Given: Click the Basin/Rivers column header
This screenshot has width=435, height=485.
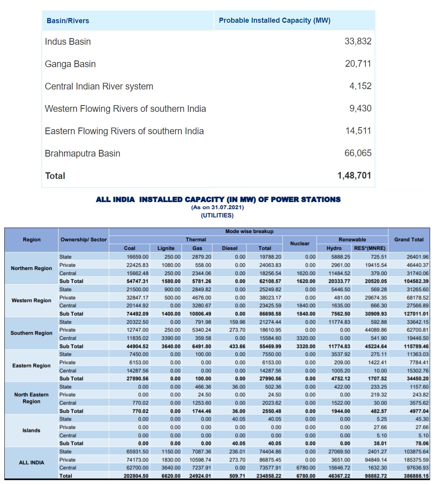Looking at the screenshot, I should click(x=68, y=21).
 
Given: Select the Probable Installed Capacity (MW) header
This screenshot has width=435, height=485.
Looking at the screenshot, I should click(x=274, y=20).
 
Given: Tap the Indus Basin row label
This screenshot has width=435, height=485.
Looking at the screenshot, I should click(x=68, y=42).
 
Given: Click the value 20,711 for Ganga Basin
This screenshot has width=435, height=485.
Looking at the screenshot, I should click(x=358, y=64).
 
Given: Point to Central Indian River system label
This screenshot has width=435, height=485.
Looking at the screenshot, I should click(x=99, y=86).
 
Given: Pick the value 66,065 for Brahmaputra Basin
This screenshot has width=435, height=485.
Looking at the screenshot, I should click(x=358, y=153).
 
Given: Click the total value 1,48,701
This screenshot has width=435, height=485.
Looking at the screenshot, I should click(x=354, y=175).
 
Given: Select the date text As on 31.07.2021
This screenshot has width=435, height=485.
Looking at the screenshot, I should click(x=217, y=207).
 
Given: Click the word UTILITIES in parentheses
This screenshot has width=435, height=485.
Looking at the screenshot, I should click(x=217, y=215).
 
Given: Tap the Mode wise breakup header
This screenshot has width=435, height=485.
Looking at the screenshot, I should click(x=249, y=232).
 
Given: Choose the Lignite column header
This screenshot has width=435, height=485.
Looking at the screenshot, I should click(x=166, y=248).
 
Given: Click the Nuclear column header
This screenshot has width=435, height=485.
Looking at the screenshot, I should click(x=300, y=244).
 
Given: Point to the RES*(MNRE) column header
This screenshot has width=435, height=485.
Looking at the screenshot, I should click(x=369, y=248).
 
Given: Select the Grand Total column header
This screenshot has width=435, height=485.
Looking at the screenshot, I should click(x=409, y=240).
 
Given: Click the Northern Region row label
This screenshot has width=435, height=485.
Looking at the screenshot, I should click(x=31, y=268).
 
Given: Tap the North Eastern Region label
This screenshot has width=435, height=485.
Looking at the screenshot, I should click(x=31, y=398).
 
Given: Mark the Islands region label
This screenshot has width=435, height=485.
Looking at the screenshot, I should click(x=31, y=430).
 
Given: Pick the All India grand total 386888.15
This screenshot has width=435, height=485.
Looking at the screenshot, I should click(x=416, y=476).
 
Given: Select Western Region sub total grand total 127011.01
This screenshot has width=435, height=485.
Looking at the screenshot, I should click(x=416, y=314).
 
